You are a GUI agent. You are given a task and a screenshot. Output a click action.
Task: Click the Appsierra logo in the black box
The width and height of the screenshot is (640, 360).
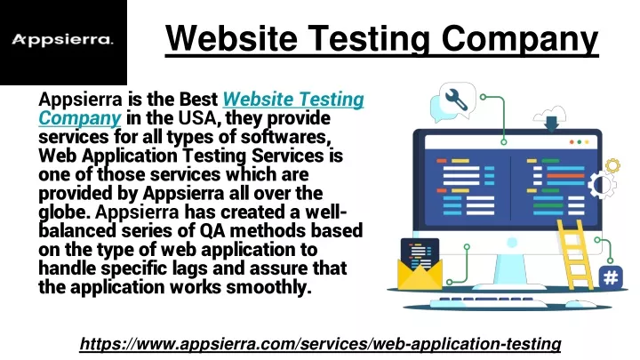coord(62,40)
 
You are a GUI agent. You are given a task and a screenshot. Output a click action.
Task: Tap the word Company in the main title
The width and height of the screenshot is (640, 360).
coord(520,39)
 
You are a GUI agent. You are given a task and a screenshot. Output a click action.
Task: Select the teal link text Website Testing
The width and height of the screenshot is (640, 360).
coord(293,100)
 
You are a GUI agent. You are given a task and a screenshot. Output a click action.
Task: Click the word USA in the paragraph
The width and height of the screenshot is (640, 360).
coord(197,118)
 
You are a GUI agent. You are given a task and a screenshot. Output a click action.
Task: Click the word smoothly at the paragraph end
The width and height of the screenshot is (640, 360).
coord(268,287)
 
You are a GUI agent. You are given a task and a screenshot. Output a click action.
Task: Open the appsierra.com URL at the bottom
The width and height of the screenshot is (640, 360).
coord(320,344)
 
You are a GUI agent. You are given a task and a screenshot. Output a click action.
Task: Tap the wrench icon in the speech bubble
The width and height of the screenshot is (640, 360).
coord(456,100)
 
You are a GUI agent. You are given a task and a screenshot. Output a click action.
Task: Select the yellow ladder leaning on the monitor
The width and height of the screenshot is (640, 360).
coord(575,255)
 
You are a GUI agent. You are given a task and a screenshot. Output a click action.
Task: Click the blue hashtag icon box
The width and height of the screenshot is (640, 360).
coord(611,278)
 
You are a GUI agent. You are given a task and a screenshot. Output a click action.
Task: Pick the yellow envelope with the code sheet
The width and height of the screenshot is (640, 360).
coord(420,265)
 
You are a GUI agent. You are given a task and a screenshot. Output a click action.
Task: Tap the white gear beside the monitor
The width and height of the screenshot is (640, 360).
coord(602,185)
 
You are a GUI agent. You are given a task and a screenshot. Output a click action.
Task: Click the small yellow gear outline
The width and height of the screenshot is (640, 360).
coord(612,165)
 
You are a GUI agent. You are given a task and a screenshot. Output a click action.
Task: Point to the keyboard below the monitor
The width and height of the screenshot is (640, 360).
coord(489,302)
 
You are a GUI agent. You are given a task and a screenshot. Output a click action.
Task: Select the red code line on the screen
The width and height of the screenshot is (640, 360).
coord(565,176)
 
